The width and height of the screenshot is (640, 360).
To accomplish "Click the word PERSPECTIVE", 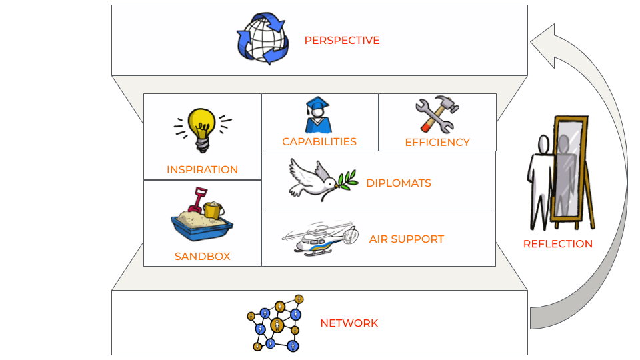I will pos(341,41).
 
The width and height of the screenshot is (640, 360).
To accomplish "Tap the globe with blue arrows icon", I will pos(263,38).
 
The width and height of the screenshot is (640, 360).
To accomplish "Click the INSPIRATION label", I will pos(202,170).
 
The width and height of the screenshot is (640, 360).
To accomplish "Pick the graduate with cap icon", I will pos(317,115).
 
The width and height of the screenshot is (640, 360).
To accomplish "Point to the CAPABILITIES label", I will pos(319,142).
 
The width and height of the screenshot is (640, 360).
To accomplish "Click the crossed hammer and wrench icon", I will pos(437,115).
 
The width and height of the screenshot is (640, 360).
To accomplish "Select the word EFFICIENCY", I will pos(437,143).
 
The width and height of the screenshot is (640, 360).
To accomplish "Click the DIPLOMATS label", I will pos(398,183).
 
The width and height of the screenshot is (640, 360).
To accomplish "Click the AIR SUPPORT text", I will pos(406,239).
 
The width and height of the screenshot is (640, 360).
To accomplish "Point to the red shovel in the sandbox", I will pos(198,200).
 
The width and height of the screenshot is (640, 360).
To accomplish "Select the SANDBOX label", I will pos(202,257).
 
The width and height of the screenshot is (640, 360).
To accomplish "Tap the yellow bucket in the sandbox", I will pos(213,210).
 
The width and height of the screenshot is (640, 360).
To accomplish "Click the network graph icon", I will pos(274,323).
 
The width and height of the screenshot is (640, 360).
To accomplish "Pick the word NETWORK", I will pos(349,323).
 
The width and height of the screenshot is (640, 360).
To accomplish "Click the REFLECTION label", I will pos(557,244).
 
